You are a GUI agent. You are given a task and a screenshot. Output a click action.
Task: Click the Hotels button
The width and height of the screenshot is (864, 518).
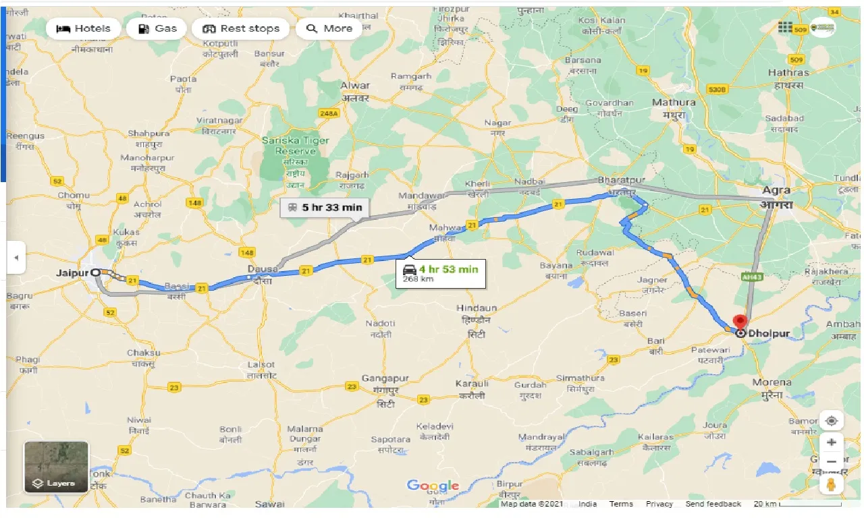click(83, 28)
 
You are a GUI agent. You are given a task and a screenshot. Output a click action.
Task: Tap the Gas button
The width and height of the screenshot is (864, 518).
click(157, 28)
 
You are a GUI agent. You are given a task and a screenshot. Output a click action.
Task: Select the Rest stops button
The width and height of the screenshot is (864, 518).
click(241, 28)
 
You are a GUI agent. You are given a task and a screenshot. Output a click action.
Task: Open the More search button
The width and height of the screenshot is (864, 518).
click(329, 28)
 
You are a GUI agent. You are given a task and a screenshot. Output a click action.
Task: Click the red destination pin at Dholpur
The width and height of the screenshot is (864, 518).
click(740, 322)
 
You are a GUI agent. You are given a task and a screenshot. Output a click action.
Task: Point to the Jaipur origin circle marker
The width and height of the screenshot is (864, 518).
click(96, 272)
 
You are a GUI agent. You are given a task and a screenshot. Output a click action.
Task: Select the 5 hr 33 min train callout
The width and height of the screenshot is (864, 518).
click(325, 207)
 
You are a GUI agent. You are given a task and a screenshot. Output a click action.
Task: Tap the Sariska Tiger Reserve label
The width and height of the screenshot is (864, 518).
click(296, 146)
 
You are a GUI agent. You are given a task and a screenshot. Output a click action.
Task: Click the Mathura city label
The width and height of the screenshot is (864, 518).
click(674, 103)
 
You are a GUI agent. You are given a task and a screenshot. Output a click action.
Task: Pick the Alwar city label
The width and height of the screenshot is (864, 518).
click(355, 86)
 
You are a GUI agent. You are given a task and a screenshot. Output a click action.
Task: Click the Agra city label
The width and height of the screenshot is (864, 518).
click(777, 191)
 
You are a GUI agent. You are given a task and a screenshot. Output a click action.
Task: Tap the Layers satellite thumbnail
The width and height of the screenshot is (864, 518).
click(56, 467)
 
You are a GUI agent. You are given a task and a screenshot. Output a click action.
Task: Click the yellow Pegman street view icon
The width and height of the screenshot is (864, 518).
click(831, 484)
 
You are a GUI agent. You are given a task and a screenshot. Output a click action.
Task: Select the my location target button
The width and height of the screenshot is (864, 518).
click(831, 421)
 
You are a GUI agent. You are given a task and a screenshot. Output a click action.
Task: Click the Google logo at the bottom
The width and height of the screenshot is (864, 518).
click(433, 486)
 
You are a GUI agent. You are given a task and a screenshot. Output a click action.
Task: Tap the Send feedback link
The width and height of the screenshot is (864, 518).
click(713, 504)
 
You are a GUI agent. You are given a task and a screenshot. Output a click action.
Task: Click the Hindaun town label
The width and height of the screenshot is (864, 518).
click(477, 308)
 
